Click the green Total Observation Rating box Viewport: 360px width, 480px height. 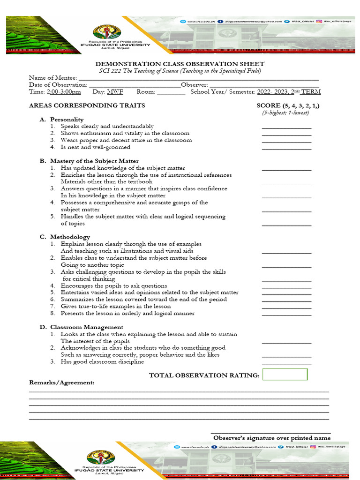(285, 375)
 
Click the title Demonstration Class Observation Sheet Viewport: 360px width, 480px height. (180, 64)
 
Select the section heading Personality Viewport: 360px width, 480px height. (67, 120)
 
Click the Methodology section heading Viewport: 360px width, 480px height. (70, 237)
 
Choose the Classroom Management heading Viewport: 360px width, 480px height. (87, 327)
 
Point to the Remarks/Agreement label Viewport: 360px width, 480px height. (62, 382)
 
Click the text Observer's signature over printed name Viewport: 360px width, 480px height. (272, 438)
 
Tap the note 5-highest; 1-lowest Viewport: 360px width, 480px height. (285, 113)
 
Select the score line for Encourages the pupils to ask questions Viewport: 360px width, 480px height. (286, 286)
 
